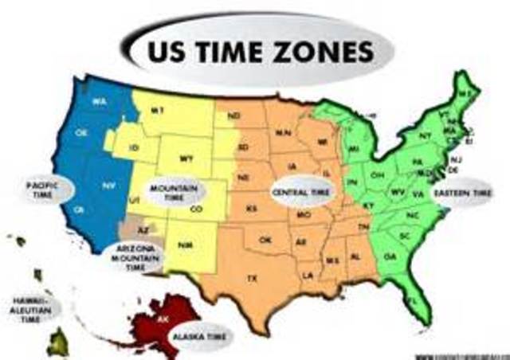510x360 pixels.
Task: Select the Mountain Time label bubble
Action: (174, 192)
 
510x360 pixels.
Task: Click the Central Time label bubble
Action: (302, 193)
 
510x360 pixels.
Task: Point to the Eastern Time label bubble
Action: (463, 193)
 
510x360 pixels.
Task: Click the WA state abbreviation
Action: (100, 101)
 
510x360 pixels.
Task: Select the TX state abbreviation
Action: (253, 278)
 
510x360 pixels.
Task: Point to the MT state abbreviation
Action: (159, 111)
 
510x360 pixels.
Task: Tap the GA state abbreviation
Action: (390, 256)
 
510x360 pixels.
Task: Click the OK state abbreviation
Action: (265, 240)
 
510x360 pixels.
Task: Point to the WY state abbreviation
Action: (186, 158)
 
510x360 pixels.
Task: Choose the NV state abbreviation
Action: (109, 185)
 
